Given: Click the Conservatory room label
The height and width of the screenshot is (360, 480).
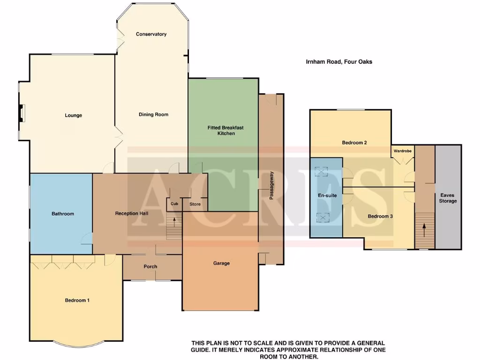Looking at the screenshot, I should (x=151, y=34).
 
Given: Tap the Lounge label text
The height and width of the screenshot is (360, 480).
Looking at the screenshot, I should (x=73, y=115).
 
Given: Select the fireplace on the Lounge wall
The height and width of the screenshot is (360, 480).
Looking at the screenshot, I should (x=22, y=113).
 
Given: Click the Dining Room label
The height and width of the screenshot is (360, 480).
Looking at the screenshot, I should (x=153, y=114).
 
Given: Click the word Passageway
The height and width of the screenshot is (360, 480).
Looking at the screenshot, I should (x=271, y=185).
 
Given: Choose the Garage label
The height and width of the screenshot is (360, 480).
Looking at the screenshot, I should (x=221, y=263).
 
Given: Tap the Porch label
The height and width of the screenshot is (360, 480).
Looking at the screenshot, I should (x=150, y=267).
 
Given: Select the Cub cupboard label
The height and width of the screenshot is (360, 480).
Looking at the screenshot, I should (x=174, y=204).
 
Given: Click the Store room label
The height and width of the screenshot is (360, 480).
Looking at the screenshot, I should (x=195, y=204).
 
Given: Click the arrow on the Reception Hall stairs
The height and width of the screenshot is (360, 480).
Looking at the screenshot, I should (x=175, y=221).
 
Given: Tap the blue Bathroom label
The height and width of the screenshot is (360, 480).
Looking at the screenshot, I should (x=63, y=214).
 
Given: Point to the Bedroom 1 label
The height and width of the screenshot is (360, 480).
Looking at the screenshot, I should (x=77, y=300).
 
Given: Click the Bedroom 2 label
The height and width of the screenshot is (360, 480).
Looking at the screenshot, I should (x=354, y=142).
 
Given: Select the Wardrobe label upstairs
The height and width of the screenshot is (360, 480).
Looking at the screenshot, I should (x=403, y=151).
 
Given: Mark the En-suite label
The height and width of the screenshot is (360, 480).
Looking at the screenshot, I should (x=328, y=195).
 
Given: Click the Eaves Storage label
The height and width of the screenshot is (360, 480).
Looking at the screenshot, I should (x=448, y=198).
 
